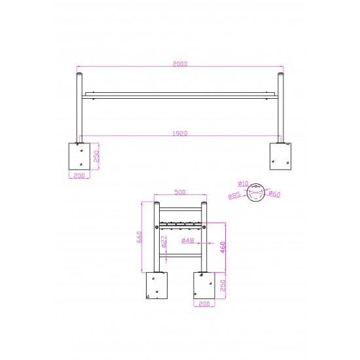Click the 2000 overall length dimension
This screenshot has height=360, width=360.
pyautogui.click(x=180, y=64)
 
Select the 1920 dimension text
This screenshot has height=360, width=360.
pyautogui.click(x=180, y=134)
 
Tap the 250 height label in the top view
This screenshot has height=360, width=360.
pyautogui.click(x=96, y=157)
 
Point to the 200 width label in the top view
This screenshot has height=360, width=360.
pyautogui.click(x=79, y=175)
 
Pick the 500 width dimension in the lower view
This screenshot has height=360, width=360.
pyautogui.click(x=180, y=192)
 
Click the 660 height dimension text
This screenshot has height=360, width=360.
pyautogui.click(x=139, y=237)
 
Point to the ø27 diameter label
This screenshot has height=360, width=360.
pyautogui.click(x=164, y=241)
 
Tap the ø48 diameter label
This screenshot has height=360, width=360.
pyautogui.click(x=187, y=241)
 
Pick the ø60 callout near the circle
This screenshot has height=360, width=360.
pyautogui.click(x=274, y=194)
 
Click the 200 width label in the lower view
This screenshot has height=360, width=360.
pyautogui.click(x=204, y=304)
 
